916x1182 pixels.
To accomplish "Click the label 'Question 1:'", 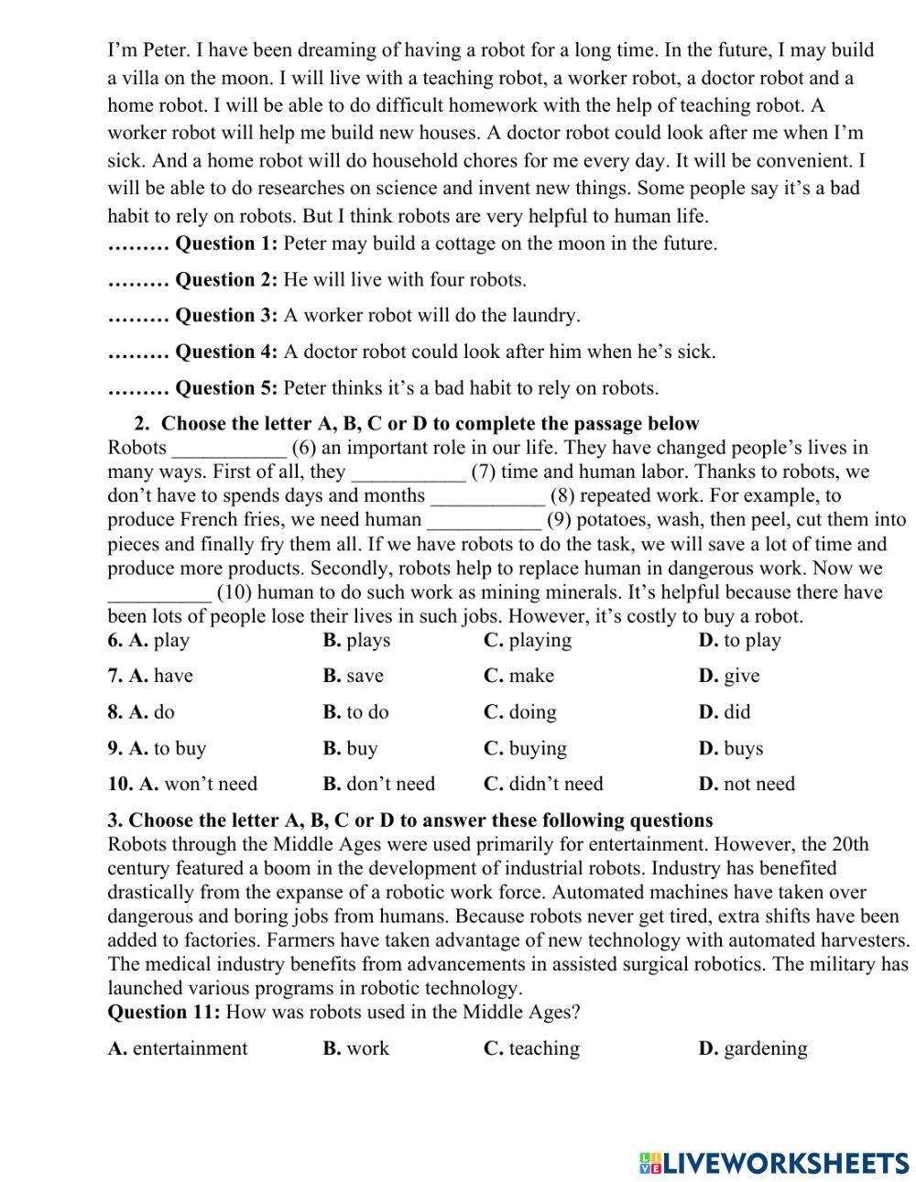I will [225, 244].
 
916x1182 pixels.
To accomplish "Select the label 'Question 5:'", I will [225, 388].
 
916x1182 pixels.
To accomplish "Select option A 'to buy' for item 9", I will [157, 748].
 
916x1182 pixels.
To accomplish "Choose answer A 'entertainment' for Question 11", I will [178, 1048].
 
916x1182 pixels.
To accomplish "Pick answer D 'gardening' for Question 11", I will [753, 1048].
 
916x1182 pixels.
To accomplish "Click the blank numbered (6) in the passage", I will [229, 449].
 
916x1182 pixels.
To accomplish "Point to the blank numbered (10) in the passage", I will [159, 592].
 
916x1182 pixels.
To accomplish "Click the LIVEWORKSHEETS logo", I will [774, 1162].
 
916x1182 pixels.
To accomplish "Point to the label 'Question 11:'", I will [164, 1012].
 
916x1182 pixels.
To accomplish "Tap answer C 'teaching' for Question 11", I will [531, 1048].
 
